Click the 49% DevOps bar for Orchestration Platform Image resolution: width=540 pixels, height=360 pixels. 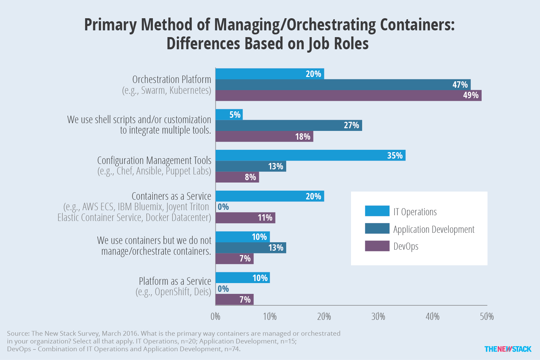[348, 95]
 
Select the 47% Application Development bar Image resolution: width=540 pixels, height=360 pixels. [343, 85]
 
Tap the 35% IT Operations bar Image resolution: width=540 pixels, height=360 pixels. [310, 155]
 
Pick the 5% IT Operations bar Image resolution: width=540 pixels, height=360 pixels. [229, 114]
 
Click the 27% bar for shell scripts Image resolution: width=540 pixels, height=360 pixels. [289, 125]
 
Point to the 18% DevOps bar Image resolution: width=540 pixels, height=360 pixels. [264, 136]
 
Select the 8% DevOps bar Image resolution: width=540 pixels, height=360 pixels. [237, 177]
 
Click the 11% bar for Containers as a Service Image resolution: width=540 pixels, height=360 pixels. [245, 218]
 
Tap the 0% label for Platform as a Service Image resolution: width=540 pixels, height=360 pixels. [223, 289]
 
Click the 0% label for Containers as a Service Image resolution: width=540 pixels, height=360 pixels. [223, 207]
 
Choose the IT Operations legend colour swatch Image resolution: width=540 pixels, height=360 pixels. [377, 211]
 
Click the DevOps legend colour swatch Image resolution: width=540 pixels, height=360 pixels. [377, 246]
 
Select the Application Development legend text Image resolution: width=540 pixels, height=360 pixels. [434, 229]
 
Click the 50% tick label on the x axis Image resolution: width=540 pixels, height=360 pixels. [487, 316]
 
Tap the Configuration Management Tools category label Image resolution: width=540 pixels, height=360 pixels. [154, 161]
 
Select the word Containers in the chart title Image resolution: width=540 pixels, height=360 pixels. [415, 25]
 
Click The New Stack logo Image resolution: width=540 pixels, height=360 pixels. [508, 349]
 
